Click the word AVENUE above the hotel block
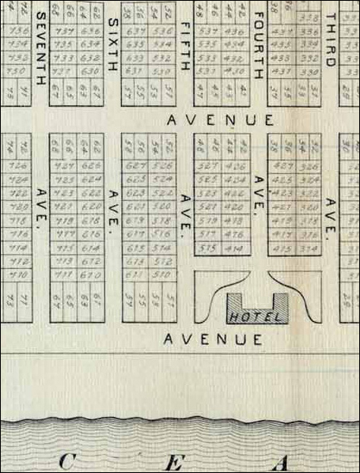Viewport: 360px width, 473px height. (222, 120)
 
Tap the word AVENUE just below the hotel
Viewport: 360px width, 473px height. (213, 339)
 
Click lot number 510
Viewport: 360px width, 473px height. (165, 274)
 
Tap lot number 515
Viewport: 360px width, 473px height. (209, 248)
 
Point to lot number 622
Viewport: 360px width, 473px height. (92, 194)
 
